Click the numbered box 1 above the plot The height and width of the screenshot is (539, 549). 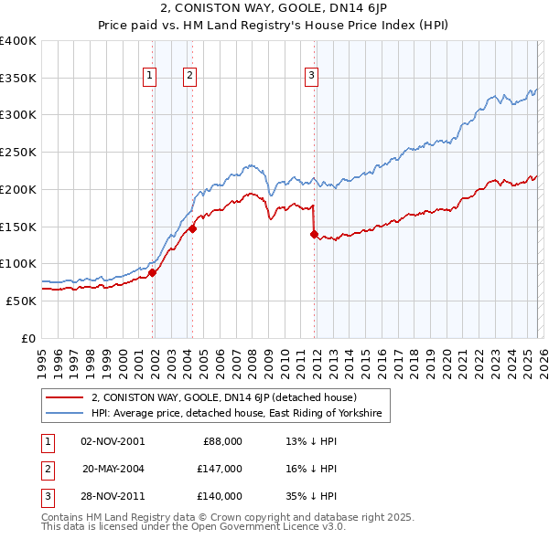149,77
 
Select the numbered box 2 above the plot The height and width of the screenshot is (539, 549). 189,77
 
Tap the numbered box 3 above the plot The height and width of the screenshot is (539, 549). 311,77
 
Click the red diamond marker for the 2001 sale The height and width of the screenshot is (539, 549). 153,271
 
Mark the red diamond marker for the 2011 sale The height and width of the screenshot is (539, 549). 314,234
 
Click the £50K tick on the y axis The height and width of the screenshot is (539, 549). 21,300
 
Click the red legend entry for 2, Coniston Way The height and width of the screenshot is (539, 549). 230,397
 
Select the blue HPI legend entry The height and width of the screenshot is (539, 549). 241,414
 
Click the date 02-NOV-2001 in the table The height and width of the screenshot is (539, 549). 113,441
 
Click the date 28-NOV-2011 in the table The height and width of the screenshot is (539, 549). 113,496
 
